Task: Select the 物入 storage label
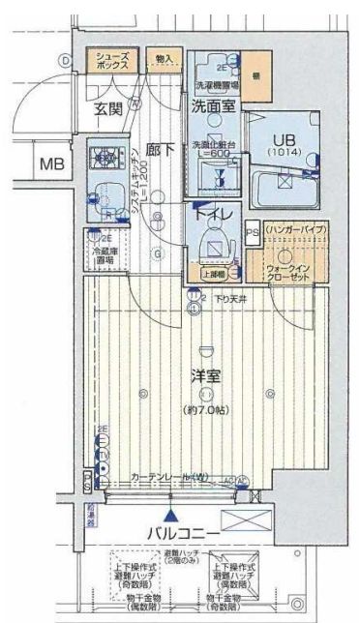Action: [x=163, y=60]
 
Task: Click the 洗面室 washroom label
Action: [x=212, y=107]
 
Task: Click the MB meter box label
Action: [x=50, y=164]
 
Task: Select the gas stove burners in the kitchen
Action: [x=104, y=154]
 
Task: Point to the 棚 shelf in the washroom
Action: [x=254, y=75]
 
